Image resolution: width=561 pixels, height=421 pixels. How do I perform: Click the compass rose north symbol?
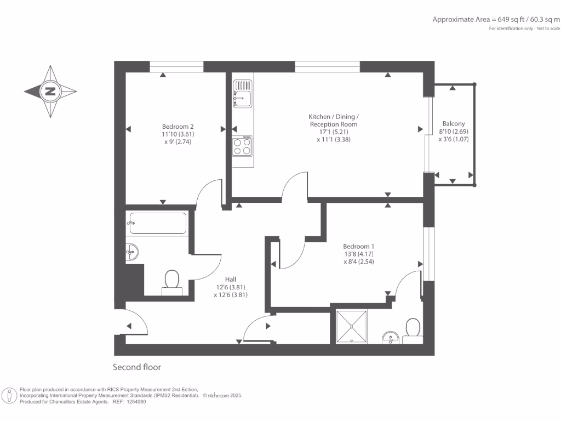point(50,92)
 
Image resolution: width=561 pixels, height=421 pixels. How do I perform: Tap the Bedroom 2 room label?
point(177,126)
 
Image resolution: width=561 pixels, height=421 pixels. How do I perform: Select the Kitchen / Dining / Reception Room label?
point(333,121)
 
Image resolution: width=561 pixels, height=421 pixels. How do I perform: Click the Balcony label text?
point(453,124)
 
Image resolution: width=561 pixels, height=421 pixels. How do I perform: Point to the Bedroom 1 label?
point(358,246)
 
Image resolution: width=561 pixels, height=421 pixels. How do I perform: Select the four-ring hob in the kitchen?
point(242,145)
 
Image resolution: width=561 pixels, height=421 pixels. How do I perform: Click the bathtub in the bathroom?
point(157,224)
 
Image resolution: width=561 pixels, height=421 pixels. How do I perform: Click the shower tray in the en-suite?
point(351,327)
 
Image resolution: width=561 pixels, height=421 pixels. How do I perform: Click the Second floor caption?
point(137,367)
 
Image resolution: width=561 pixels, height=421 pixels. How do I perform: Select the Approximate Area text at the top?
point(496,19)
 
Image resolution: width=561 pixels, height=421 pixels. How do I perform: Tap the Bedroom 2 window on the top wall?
point(176,66)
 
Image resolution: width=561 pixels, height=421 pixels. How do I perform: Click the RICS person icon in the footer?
point(9,395)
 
